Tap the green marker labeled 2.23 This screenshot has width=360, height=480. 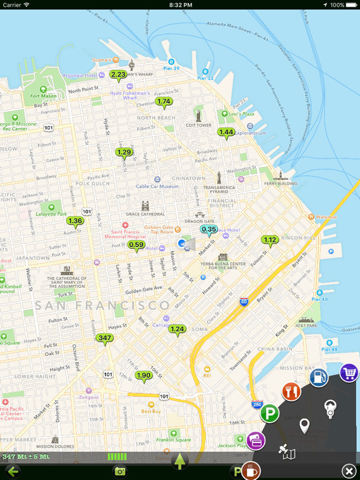[118, 75]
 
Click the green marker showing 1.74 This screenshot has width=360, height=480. [164, 102]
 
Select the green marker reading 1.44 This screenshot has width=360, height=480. [226, 133]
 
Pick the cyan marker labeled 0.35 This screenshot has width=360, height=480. [209, 229]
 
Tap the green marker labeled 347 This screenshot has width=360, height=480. [105, 338]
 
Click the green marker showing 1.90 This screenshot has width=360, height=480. [143, 376]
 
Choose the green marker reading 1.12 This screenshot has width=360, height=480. [270, 240]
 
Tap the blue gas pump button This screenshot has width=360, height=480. [319, 378]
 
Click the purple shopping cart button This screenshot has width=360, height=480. [349, 373]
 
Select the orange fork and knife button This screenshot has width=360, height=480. [291, 393]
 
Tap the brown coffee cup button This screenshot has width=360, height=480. [251, 470]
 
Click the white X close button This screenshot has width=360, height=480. [349, 471]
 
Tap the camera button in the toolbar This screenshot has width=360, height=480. [120, 471]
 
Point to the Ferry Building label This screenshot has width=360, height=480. [280, 183]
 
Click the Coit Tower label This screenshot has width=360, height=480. [199, 125]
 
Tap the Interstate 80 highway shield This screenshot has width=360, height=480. [244, 302]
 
